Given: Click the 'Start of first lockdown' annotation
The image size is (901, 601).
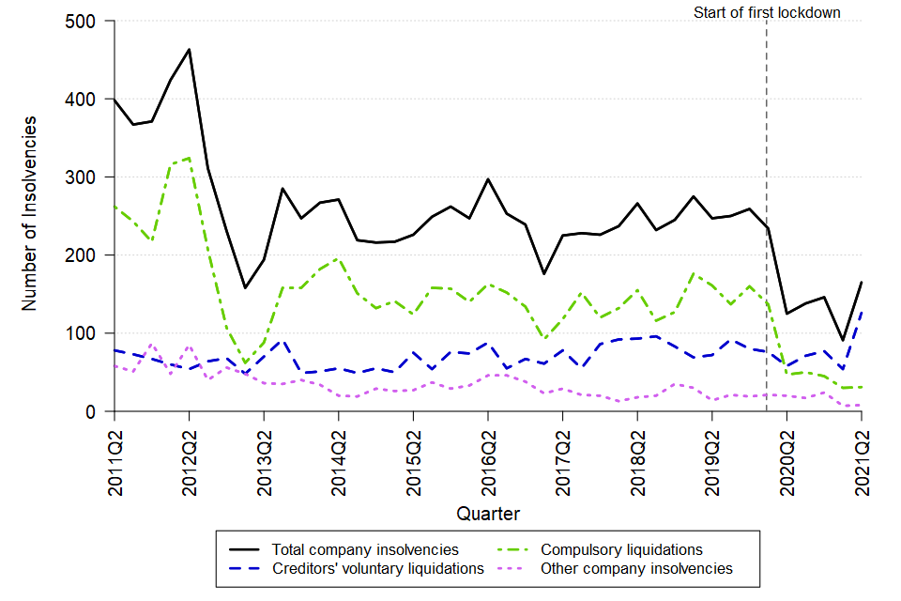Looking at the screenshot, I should pos(767,12).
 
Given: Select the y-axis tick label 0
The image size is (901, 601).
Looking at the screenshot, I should pos(98,411).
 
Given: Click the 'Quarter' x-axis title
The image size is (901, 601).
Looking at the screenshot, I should pos(488,514).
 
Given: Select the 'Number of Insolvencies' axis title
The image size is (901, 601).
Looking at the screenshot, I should pos(30,214).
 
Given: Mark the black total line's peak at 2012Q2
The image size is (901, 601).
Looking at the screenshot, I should pos(190,49).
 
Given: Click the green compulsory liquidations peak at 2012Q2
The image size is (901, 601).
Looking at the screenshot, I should pos(190,158).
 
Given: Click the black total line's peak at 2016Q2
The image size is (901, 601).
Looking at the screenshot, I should pos(488,179).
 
